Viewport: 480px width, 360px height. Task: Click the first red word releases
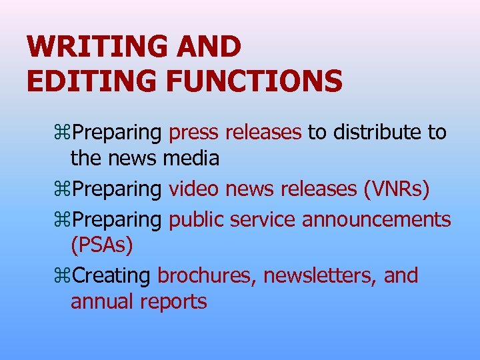click(x=263, y=133)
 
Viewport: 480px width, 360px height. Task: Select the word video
click(x=193, y=189)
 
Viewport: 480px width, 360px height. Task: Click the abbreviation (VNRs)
click(x=397, y=189)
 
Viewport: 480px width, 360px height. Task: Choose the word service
click(x=263, y=219)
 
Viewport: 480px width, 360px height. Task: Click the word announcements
click(x=377, y=219)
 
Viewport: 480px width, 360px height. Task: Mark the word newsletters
click(x=320, y=275)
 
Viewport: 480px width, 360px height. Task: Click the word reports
click(x=174, y=303)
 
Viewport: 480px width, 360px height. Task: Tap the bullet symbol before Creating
click(x=65, y=276)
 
